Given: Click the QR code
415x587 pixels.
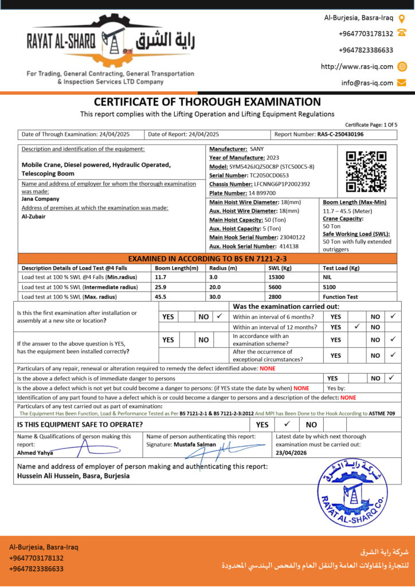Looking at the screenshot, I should [366, 171].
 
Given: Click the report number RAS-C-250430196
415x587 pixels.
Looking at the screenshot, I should [340, 134].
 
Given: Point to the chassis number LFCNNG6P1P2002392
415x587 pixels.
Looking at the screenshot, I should [282, 184].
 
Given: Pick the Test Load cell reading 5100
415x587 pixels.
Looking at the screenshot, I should [330, 287].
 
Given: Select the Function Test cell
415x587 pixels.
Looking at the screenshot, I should [341, 297].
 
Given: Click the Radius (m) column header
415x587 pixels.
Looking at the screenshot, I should [223, 268].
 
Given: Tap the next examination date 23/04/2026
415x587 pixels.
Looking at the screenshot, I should [291, 453].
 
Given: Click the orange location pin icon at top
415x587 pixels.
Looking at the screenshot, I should [402, 18].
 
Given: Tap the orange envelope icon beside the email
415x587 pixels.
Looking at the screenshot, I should [402, 83].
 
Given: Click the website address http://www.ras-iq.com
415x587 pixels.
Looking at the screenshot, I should [357, 66].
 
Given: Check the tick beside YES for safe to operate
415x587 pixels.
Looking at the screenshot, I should [287, 424].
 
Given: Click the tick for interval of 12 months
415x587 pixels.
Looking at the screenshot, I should [357, 327].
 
